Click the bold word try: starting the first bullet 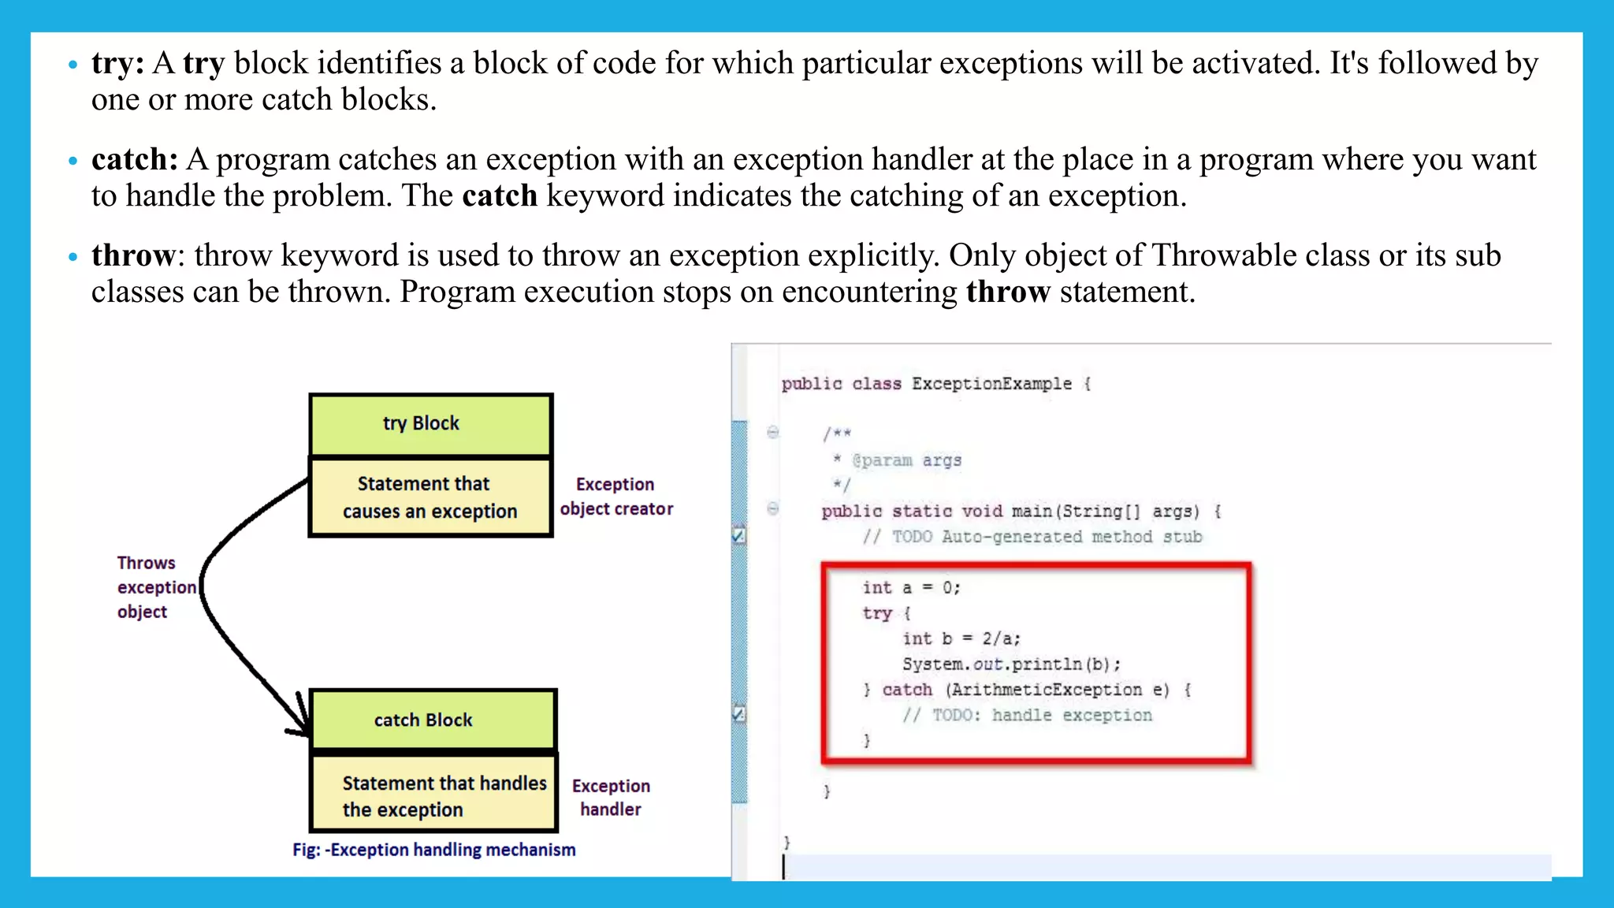click(x=117, y=64)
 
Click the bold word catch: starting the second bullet click(x=134, y=160)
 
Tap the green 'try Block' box click(x=430, y=424)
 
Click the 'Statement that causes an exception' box click(x=430, y=497)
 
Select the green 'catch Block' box click(x=433, y=720)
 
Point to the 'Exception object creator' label click(x=616, y=497)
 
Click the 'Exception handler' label click(x=611, y=798)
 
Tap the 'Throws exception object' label click(x=154, y=587)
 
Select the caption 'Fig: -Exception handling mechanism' click(x=433, y=850)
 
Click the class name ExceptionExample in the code click(x=991, y=384)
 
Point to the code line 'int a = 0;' click(x=911, y=588)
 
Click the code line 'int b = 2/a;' click(x=961, y=639)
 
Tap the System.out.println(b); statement click(x=1011, y=664)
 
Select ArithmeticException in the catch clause click(x=1047, y=690)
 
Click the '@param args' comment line click(x=906, y=460)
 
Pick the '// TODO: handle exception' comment click(x=1027, y=716)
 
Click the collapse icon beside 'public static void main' click(x=773, y=509)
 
